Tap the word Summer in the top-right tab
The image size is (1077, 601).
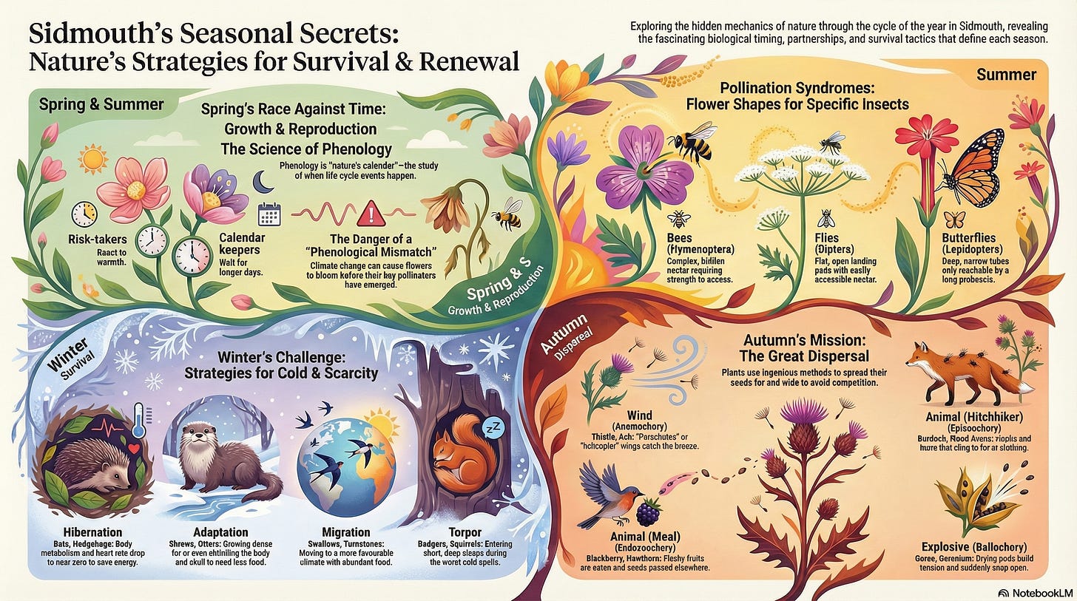coord(1006,75)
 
